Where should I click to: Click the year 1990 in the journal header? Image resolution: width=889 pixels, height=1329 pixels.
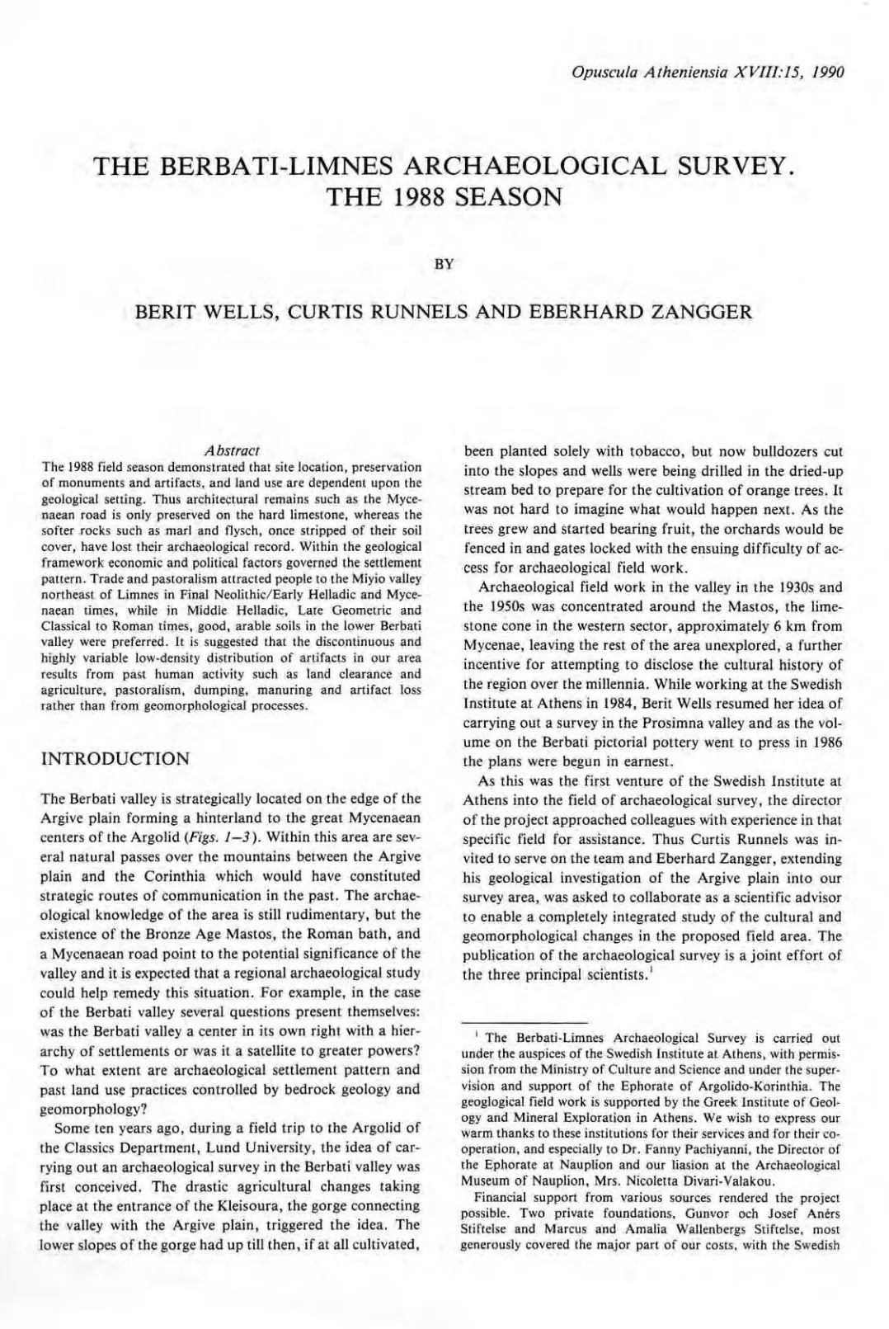[827, 72]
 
